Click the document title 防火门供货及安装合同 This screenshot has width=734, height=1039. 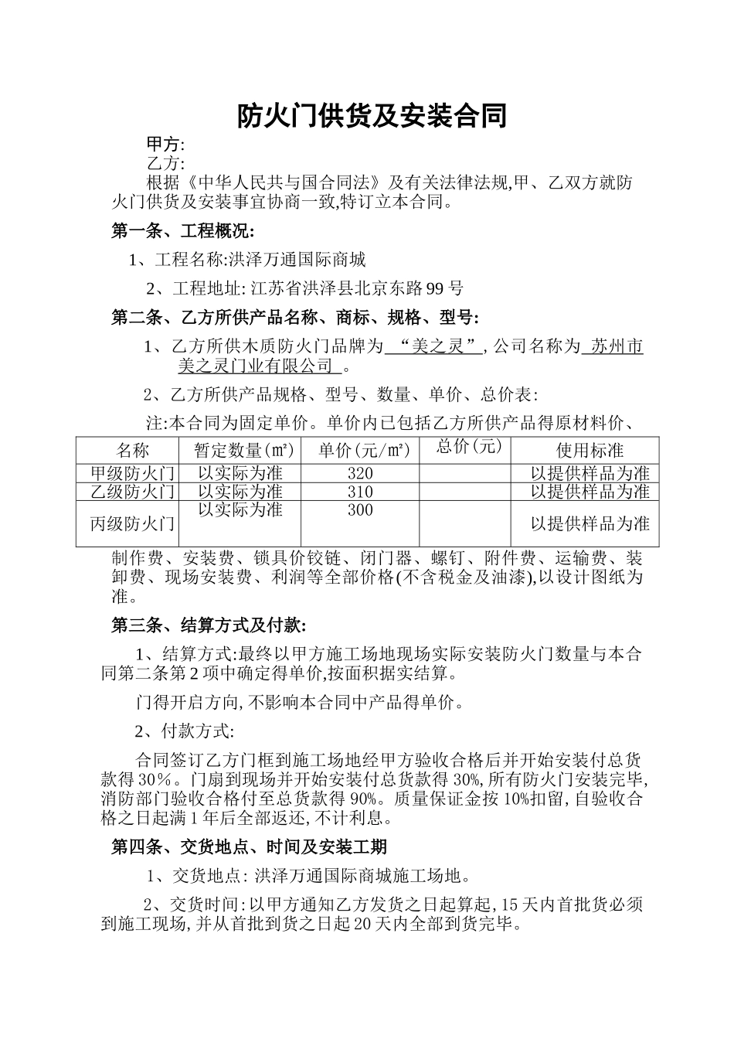click(x=372, y=116)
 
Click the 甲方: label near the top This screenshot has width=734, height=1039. click(x=165, y=145)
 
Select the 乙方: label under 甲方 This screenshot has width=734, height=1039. click(x=165, y=163)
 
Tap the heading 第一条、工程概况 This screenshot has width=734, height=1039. click(x=182, y=230)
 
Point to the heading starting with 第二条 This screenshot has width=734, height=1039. click(x=295, y=317)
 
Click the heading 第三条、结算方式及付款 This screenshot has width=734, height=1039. click(x=209, y=625)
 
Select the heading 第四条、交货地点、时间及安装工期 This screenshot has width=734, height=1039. click(x=249, y=847)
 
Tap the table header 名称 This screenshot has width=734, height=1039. click(x=133, y=450)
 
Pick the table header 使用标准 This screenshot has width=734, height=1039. click(x=590, y=450)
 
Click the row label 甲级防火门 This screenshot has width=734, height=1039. click(x=133, y=473)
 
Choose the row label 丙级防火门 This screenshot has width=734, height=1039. click(x=133, y=523)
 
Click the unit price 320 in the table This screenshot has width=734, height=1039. click(x=360, y=473)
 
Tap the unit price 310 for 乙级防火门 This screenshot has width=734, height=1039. click(x=360, y=492)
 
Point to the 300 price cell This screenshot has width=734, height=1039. click(x=360, y=510)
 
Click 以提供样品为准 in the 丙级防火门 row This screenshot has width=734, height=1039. click(x=590, y=523)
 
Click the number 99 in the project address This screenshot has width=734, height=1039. click(x=435, y=289)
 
